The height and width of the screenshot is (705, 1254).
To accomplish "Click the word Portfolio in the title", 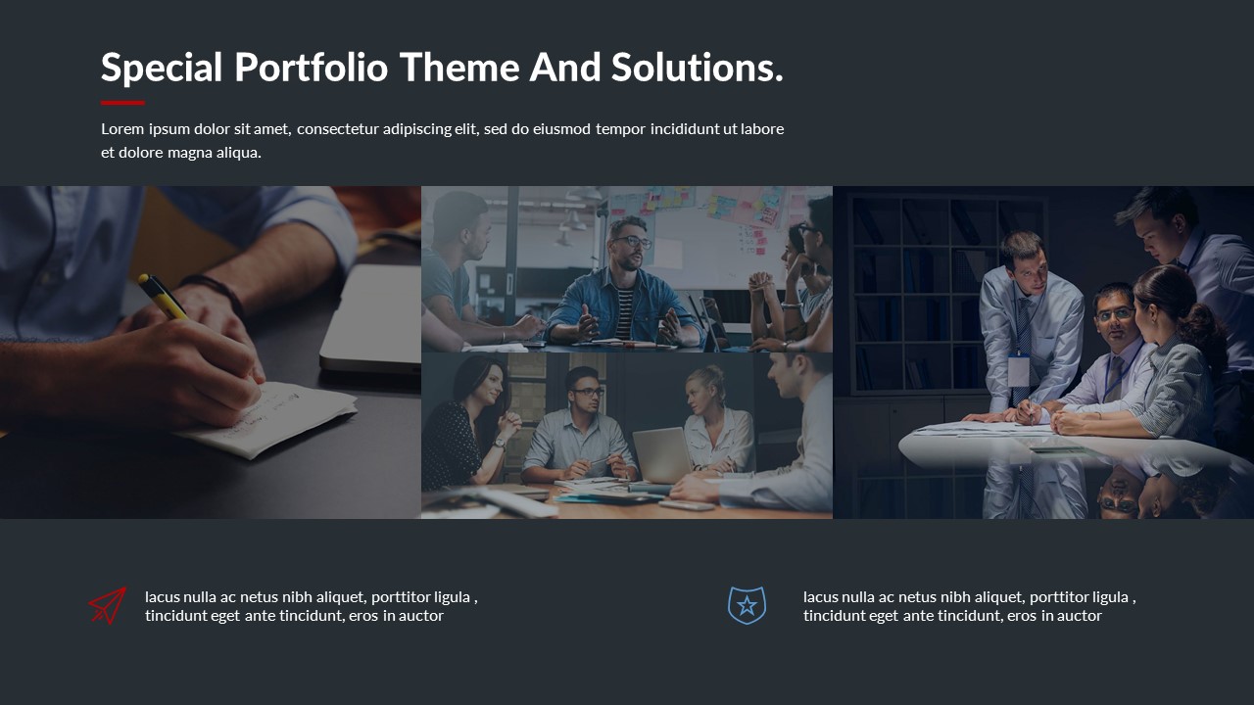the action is [312, 68].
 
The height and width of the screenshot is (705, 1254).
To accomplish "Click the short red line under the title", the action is [122, 103].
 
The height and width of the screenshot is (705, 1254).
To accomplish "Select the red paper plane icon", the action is [108, 605].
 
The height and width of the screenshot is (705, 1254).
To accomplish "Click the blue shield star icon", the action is [747, 605].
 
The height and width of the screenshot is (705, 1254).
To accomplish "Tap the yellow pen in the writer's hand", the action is [163, 297].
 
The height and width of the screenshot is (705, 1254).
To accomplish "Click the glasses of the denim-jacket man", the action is [633, 242].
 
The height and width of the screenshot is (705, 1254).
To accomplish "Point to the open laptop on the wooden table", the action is [663, 455].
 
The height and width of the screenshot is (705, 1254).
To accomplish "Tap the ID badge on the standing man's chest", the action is [1019, 370].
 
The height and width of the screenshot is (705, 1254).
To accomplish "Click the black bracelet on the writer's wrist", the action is [216, 292].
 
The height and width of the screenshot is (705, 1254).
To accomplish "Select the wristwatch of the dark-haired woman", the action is [500, 444].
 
